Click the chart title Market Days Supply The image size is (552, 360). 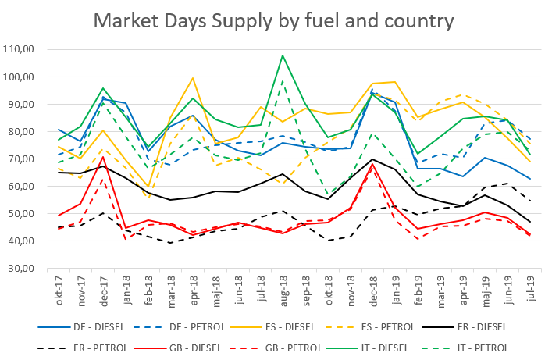pyautogui.click(x=276, y=20)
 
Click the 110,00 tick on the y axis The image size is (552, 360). pyautogui.click(x=34, y=49)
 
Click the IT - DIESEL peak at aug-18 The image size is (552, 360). pyautogui.click(x=282, y=55)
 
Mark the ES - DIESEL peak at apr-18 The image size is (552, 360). pyautogui.click(x=192, y=78)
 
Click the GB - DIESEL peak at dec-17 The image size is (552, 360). pyautogui.click(x=103, y=157)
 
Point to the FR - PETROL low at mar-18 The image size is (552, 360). pyautogui.click(x=170, y=243)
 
